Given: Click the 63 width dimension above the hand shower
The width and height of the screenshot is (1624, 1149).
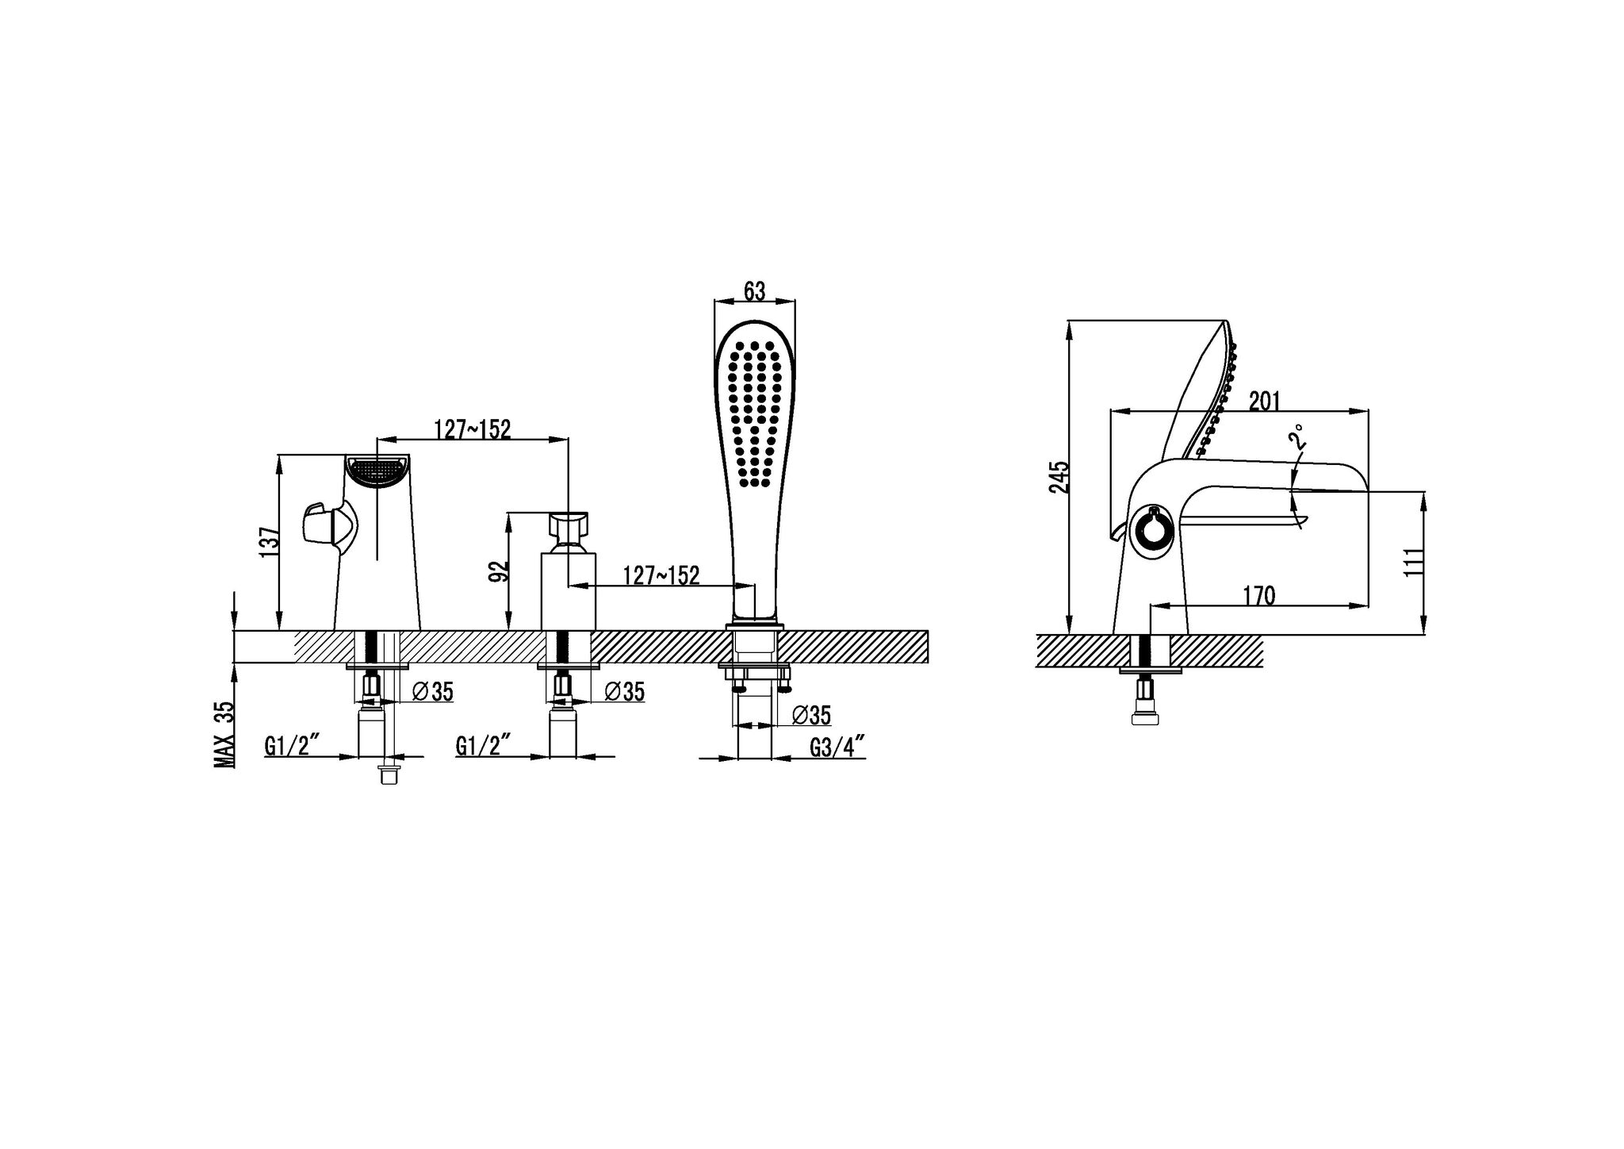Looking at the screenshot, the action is click(755, 291).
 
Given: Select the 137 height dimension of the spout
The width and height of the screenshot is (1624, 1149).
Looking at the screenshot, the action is click(270, 541).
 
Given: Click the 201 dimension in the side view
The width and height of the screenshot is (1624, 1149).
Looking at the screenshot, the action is click(1266, 402).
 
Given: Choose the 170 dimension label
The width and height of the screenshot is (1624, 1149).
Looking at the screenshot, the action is click(1258, 595).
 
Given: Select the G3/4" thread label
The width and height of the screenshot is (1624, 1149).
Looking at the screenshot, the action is click(837, 747).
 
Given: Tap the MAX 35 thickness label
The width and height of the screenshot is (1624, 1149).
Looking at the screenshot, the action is click(224, 734).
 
